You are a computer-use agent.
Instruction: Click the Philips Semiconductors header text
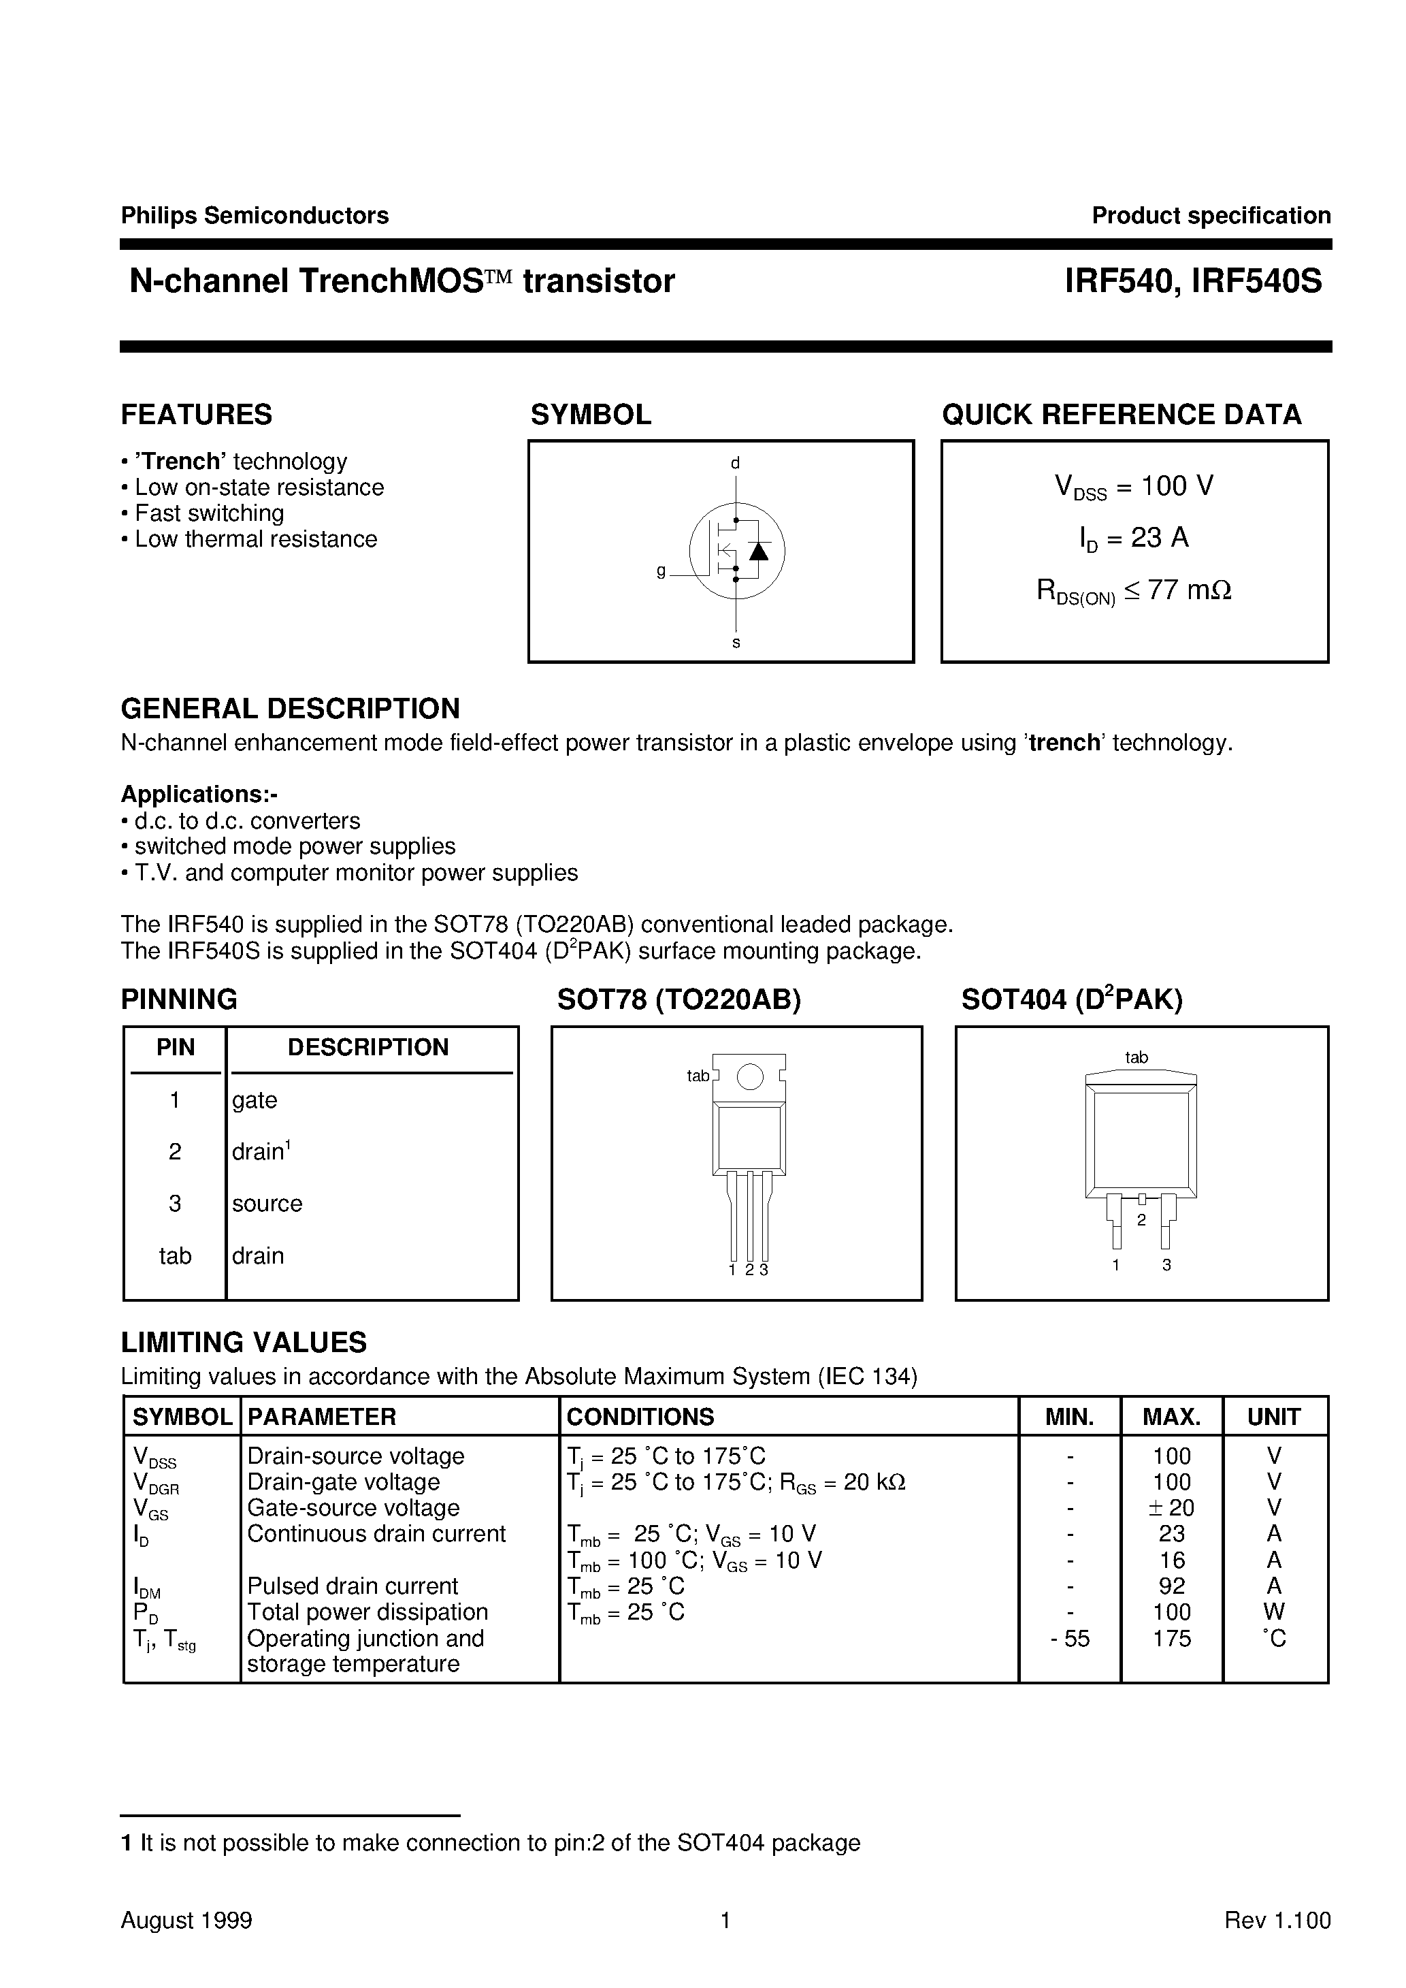click(x=255, y=216)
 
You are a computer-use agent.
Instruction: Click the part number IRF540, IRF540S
click(x=1193, y=281)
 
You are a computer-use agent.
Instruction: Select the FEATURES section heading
click(x=197, y=415)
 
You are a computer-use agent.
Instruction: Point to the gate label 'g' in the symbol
click(x=661, y=571)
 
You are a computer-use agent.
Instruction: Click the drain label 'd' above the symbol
click(x=735, y=463)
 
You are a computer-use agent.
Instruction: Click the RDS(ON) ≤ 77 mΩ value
click(x=1134, y=590)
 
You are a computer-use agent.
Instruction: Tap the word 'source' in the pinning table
click(x=267, y=1204)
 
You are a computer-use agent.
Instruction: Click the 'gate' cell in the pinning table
click(x=255, y=1100)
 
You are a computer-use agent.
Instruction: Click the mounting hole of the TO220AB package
click(x=750, y=1076)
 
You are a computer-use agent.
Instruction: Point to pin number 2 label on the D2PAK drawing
click(x=1141, y=1220)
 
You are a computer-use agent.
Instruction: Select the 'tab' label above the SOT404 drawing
click(x=1136, y=1057)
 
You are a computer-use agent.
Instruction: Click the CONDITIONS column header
click(x=640, y=1417)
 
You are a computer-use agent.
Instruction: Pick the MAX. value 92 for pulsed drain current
click(x=1171, y=1586)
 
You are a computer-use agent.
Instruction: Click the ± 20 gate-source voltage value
click(x=1171, y=1508)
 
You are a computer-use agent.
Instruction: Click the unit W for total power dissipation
click(x=1273, y=1612)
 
